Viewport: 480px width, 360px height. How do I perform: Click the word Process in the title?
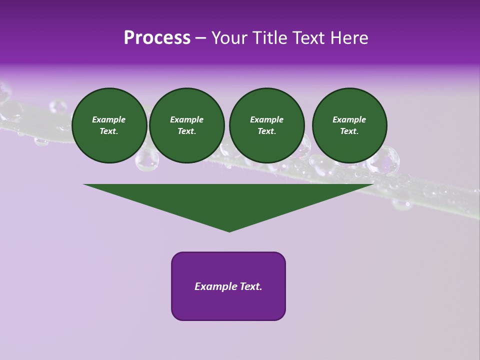click(x=157, y=38)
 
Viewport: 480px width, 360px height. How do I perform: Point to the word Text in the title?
click(x=313, y=38)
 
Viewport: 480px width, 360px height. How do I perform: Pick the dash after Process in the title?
click(x=201, y=38)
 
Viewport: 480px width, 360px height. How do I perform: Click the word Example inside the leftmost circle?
click(x=108, y=119)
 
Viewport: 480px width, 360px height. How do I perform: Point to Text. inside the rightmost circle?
click(x=349, y=131)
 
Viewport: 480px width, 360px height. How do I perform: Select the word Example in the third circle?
click(x=266, y=119)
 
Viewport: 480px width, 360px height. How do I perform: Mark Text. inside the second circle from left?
click(x=186, y=131)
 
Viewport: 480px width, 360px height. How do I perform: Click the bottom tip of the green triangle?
click(x=229, y=231)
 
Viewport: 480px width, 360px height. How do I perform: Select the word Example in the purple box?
click(x=215, y=286)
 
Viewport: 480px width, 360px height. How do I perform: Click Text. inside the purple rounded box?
click(x=250, y=286)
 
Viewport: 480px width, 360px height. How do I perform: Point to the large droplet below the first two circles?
click(x=146, y=160)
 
